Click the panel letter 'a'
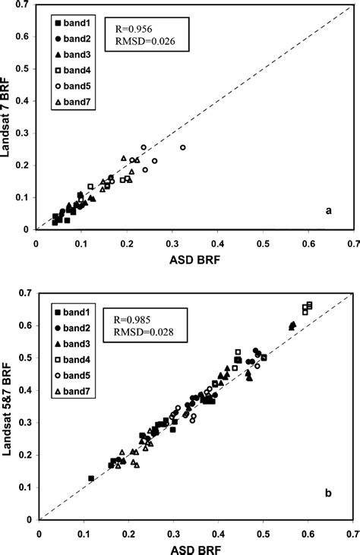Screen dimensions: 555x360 [x=328, y=212]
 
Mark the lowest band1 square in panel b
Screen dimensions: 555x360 [x=91, y=478]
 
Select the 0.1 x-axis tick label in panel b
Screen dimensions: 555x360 [x=83, y=532]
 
